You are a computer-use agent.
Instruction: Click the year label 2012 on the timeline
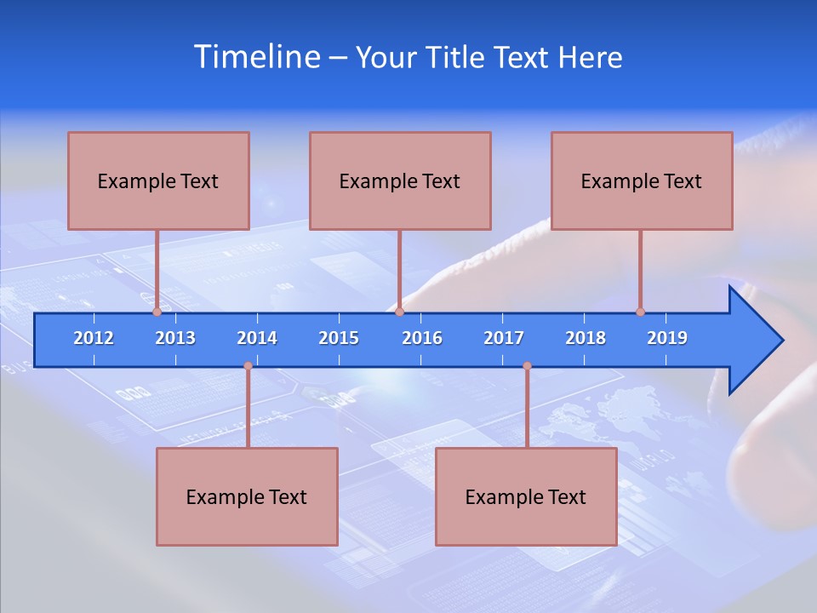pyautogui.click(x=94, y=338)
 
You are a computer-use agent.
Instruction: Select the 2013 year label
pyautogui.click(x=175, y=338)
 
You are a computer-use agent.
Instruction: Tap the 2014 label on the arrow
pyautogui.click(x=257, y=338)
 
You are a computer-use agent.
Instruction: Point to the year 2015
pyautogui.click(x=339, y=338)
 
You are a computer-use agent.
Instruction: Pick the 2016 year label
pyautogui.click(x=422, y=338)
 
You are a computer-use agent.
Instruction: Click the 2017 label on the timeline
pyautogui.click(x=504, y=338)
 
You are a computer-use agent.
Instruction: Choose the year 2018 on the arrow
pyautogui.click(x=586, y=338)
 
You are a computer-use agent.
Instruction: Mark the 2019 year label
pyautogui.click(x=667, y=338)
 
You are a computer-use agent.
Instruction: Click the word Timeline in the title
pyautogui.click(x=255, y=57)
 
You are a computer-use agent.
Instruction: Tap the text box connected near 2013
pyautogui.click(x=158, y=180)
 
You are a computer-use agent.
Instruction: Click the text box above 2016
pyautogui.click(x=400, y=180)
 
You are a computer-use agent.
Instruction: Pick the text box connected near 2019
pyautogui.click(x=642, y=180)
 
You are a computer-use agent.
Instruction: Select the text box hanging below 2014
pyautogui.click(x=247, y=496)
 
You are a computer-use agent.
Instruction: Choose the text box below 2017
pyautogui.click(x=526, y=496)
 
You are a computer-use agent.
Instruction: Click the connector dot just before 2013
pyautogui.click(x=157, y=312)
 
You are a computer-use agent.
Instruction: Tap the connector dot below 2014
pyautogui.click(x=248, y=366)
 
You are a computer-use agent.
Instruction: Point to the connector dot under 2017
pyautogui.click(x=527, y=366)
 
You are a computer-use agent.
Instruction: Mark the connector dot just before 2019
pyautogui.click(x=640, y=312)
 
